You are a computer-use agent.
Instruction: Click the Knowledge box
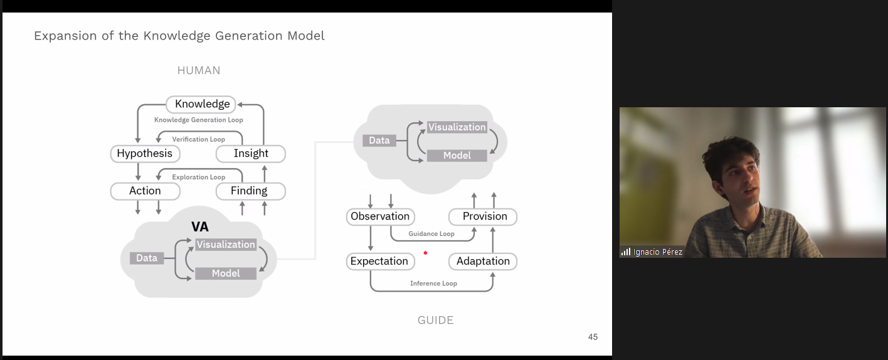(x=202, y=104)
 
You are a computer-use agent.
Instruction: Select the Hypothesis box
(x=144, y=154)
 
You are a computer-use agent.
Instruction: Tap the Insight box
(x=251, y=154)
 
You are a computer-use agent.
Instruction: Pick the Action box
(x=145, y=191)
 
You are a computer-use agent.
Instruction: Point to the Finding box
(x=250, y=191)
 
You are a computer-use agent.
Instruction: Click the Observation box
(x=380, y=217)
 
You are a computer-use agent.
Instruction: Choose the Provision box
(x=484, y=217)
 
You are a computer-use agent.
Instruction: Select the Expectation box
(x=379, y=262)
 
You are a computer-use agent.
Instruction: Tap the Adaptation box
(x=483, y=262)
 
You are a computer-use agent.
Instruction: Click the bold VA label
(x=199, y=227)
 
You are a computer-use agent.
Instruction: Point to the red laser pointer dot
(x=425, y=253)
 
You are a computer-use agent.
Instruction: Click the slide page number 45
(x=593, y=337)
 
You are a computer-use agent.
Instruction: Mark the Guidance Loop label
(x=431, y=234)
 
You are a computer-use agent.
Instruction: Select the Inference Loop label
(x=433, y=283)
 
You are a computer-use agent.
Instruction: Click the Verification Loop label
(x=198, y=139)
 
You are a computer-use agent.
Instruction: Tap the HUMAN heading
(x=199, y=71)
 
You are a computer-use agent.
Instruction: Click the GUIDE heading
(x=435, y=320)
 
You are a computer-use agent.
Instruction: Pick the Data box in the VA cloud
(x=147, y=258)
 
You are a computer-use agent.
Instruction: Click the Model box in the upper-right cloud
(x=457, y=156)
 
